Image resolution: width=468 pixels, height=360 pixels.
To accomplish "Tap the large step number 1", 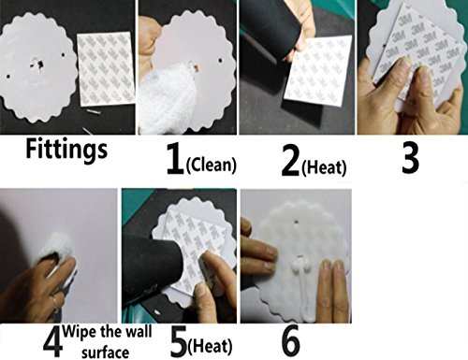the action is (175, 159).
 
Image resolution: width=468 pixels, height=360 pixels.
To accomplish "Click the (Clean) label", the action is (211, 165).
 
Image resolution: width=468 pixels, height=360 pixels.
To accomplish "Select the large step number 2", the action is (290, 161).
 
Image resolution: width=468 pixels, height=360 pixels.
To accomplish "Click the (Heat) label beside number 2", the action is (324, 167).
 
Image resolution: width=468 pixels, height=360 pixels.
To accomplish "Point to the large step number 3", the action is (410, 158).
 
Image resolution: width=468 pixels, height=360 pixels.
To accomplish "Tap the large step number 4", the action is (52, 342).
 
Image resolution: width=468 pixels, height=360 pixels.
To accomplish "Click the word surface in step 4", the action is (106, 353).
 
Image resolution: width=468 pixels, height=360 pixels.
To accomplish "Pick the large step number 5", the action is (179, 341).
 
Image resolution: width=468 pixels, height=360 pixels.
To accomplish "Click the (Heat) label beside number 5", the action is (210, 347).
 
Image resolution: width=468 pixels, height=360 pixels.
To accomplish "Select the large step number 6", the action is (290, 341).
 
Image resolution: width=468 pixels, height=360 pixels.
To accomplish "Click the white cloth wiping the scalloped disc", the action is (168, 96).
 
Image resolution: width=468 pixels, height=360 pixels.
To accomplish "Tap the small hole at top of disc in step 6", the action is (296, 222).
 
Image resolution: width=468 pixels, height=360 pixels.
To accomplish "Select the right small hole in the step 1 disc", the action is (221, 59).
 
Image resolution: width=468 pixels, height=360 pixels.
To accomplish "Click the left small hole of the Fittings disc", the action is (8, 76).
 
